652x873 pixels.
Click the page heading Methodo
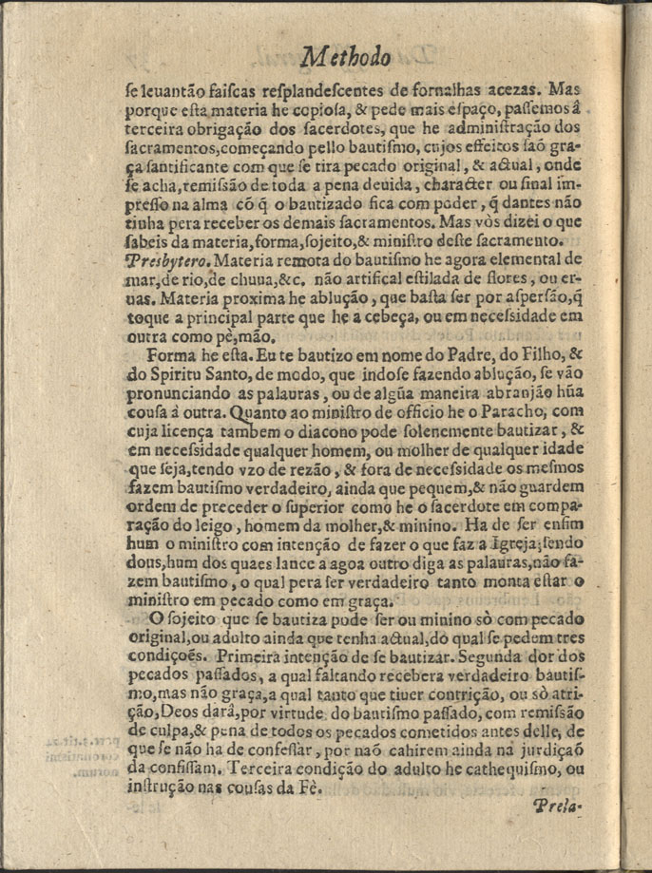344,58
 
